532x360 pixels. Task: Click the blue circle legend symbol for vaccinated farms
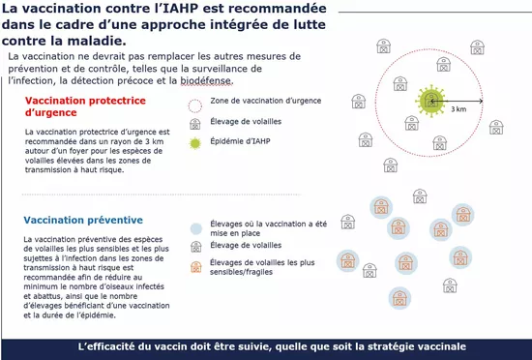click(x=194, y=228)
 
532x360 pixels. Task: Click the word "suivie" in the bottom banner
click(x=266, y=346)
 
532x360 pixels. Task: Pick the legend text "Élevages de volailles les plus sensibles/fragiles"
click(x=267, y=269)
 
